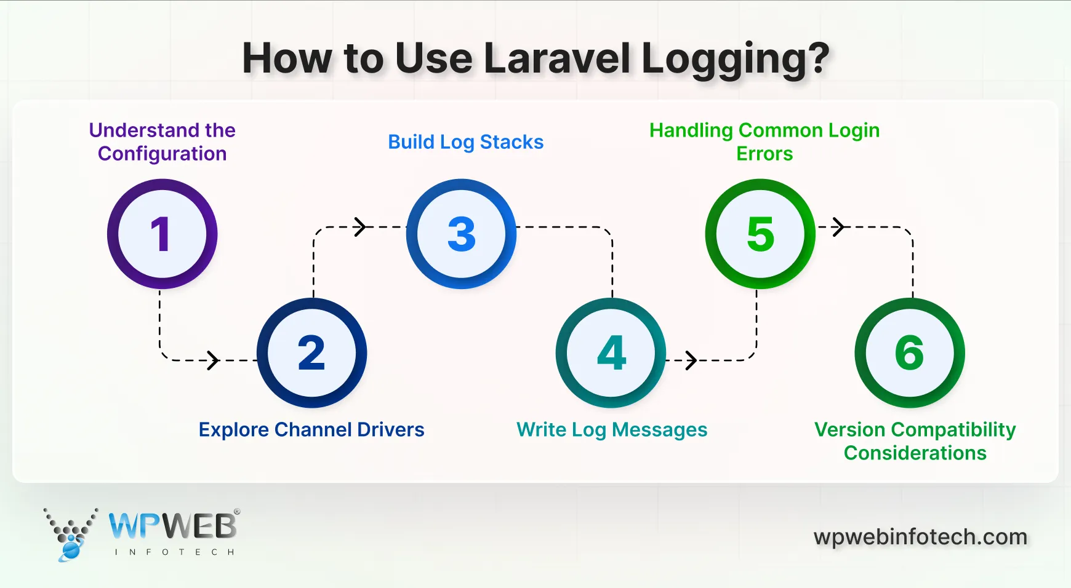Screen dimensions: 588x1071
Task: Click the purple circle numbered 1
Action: pos(162,234)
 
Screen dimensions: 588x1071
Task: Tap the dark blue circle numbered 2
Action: pos(311,352)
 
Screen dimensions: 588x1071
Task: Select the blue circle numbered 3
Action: pos(461,234)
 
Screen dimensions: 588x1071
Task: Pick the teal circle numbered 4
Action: pos(611,352)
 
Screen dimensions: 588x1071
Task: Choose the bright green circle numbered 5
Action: pos(760,234)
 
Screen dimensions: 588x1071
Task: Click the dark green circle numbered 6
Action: pos(910,352)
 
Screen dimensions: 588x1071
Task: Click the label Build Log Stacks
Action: pos(465,142)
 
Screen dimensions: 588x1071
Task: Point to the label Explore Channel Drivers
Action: pos(311,429)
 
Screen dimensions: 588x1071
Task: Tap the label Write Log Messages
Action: pos(612,429)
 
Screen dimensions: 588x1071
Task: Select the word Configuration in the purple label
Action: pos(162,154)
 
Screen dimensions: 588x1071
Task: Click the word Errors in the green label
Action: pos(764,154)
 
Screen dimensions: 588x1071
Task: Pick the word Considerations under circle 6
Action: pos(915,453)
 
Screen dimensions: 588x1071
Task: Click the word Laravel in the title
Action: pos(557,58)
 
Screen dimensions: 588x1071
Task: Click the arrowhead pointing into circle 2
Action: pos(213,360)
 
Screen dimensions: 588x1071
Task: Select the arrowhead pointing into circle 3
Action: pos(361,227)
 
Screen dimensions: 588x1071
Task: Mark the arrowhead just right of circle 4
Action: pos(691,360)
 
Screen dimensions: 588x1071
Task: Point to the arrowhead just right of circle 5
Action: pos(838,227)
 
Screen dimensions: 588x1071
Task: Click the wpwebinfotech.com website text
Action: pos(920,537)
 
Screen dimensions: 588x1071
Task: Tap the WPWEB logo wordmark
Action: pos(173,526)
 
